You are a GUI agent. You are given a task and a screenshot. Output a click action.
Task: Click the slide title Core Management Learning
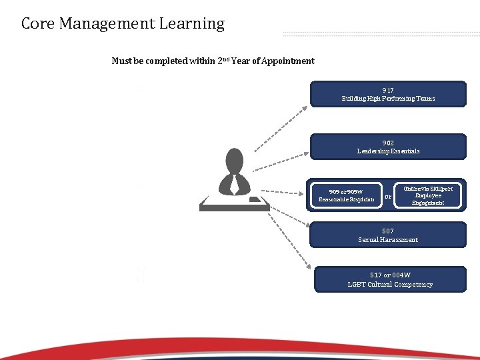pyautogui.click(x=123, y=24)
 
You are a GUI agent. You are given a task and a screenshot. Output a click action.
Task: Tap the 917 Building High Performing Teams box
pyautogui.click(x=388, y=94)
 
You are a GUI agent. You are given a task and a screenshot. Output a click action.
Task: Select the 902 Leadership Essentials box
pyautogui.click(x=388, y=147)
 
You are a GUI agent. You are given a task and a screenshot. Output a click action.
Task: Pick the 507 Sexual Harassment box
pyautogui.click(x=388, y=235)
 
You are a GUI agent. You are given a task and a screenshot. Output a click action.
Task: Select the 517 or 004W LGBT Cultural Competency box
pyautogui.click(x=390, y=280)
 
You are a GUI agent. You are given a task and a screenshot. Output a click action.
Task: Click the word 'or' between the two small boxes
pyautogui.click(x=388, y=196)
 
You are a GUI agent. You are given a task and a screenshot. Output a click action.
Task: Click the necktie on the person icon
pyautogui.click(x=235, y=183)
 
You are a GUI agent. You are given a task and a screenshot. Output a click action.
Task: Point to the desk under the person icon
pyautogui.click(x=235, y=203)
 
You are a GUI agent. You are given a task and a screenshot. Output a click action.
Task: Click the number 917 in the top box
pyautogui.click(x=388, y=90)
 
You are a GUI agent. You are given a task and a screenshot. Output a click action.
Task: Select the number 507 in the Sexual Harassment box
pyautogui.click(x=388, y=231)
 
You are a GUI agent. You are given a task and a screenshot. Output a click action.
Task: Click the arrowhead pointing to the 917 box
pyautogui.click(x=307, y=104)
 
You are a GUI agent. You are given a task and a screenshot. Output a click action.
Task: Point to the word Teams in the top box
pyautogui.click(x=425, y=99)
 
